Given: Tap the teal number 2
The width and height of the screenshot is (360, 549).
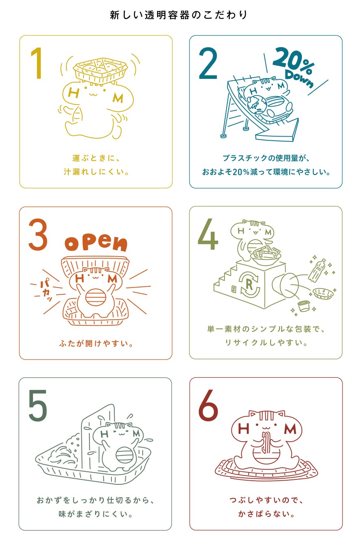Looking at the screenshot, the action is click(x=208, y=63).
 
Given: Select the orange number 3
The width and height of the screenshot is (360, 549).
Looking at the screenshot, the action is click(x=38, y=234).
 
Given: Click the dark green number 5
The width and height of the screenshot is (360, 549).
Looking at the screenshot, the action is click(x=37, y=405).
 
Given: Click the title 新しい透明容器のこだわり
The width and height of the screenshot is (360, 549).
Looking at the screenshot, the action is click(x=179, y=15).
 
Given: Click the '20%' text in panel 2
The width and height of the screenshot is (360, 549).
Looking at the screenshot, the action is click(x=293, y=60).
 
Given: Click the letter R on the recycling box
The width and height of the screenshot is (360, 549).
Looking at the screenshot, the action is click(x=249, y=285).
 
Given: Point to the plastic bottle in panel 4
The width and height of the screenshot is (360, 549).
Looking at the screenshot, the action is click(x=316, y=270).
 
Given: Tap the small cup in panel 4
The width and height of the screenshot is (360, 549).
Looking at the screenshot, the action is click(x=304, y=306).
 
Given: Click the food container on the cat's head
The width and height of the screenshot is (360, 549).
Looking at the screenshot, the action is click(x=100, y=70).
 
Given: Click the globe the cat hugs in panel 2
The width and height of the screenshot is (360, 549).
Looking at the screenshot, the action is click(x=257, y=105).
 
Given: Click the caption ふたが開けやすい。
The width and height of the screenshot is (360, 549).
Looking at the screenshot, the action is click(x=96, y=344).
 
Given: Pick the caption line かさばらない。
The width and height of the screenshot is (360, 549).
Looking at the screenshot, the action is click(x=266, y=514).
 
